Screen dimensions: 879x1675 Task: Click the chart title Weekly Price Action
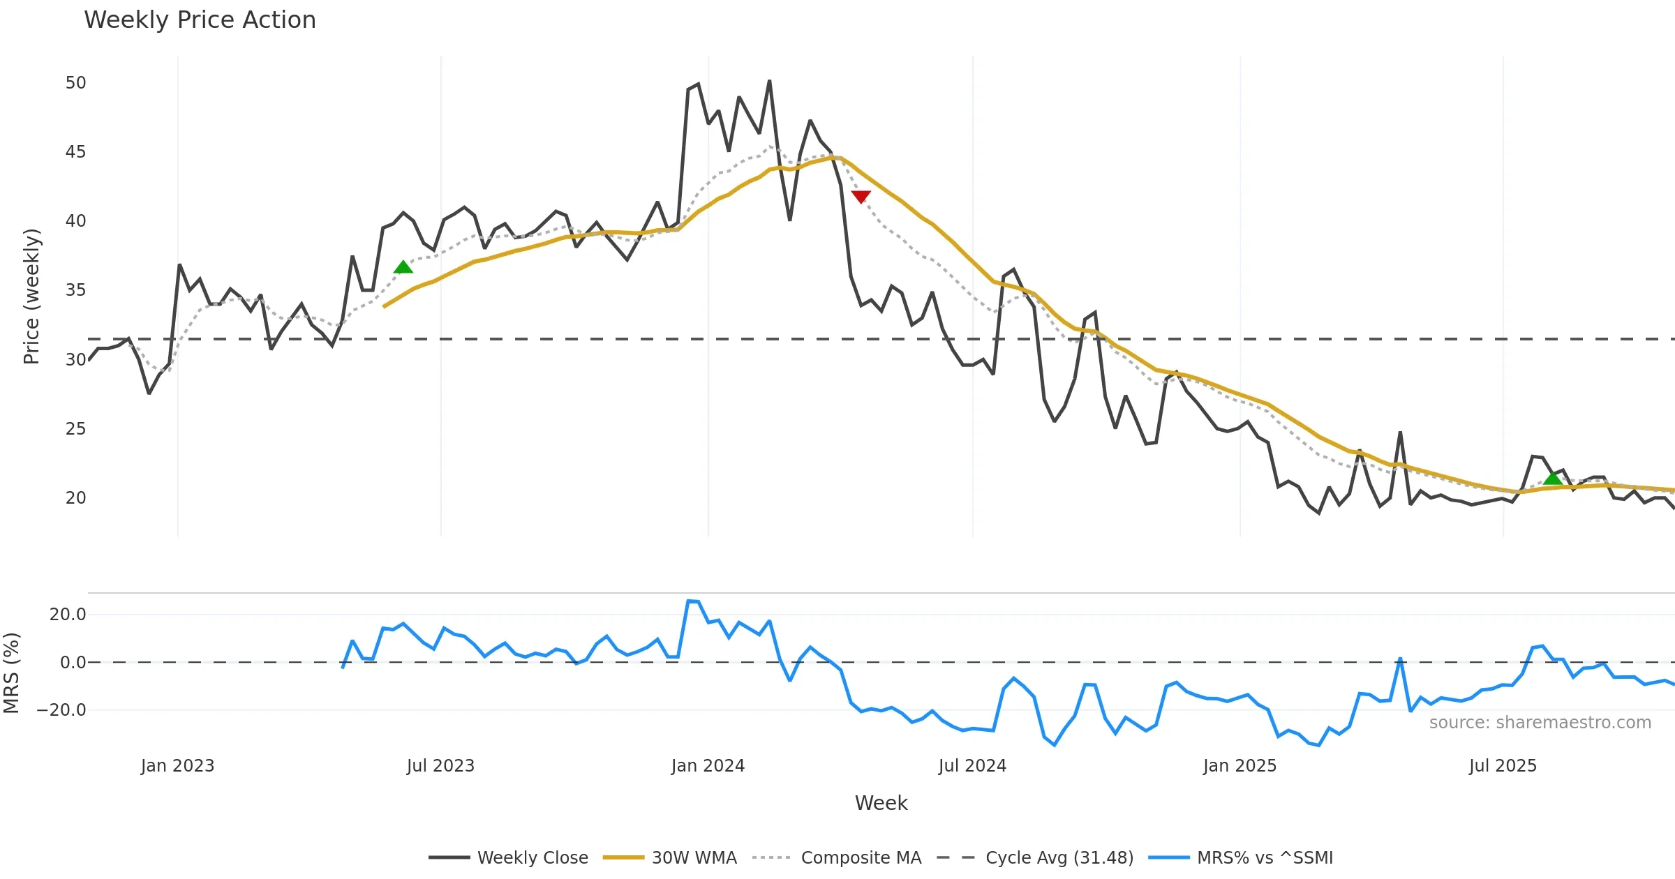pos(200,20)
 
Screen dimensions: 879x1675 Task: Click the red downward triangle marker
pos(861,197)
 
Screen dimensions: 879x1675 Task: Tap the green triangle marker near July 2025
pos(1553,478)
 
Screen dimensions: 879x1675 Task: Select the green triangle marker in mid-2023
pos(403,267)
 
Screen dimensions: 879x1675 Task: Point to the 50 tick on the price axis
pos(75,83)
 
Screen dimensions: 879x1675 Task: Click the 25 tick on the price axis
pos(75,429)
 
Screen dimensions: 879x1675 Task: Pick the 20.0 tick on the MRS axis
pos(68,615)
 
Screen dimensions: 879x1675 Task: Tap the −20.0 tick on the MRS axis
pos(61,710)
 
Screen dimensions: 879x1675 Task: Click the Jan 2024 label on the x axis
pos(708,766)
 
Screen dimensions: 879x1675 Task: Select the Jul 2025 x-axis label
pos(1503,766)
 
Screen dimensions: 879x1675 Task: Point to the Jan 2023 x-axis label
pos(177,766)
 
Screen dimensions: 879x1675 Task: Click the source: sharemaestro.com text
pos(1540,723)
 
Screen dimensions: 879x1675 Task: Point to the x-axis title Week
pos(881,803)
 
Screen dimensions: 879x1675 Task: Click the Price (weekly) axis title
pos(31,296)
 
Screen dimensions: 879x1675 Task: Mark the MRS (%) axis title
pos(12,673)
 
